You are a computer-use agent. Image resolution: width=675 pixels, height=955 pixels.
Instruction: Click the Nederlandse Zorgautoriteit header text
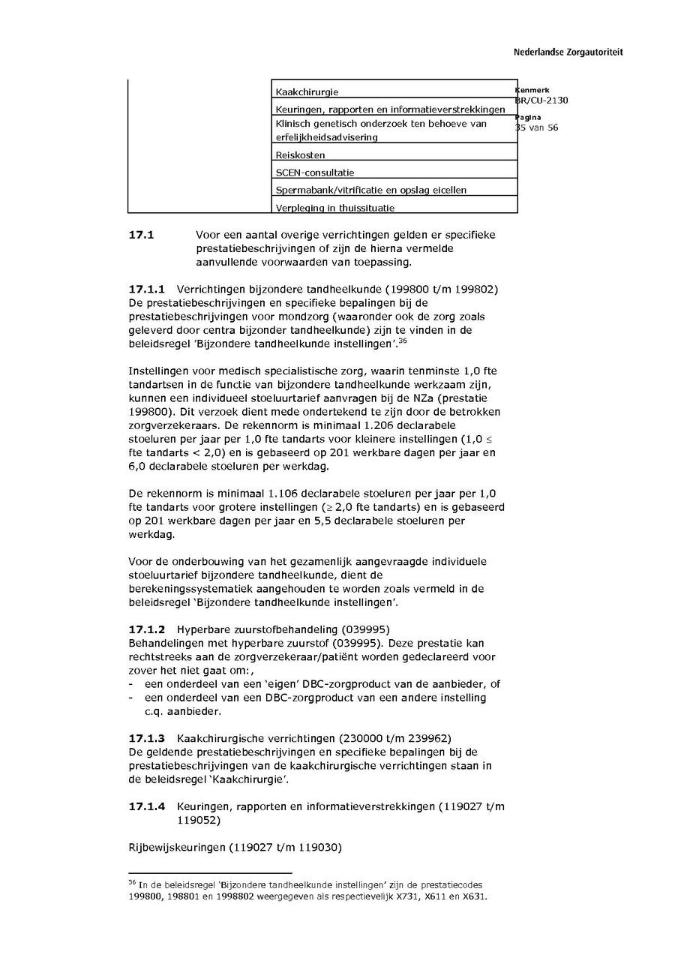(x=568, y=53)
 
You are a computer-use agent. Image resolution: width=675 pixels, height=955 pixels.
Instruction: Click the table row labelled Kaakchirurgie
(x=307, y=92)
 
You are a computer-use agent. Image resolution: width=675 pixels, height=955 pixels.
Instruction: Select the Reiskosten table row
(x=300, y=155)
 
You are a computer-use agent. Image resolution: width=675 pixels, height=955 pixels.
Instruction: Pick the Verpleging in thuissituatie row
(x=334, y=208)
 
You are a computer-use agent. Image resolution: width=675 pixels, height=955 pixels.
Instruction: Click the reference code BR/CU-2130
(x=541, y=101)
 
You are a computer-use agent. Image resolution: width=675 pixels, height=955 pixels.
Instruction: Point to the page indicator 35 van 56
(x=536, y=128)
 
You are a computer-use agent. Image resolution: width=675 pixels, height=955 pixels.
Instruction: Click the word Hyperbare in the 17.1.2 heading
(x=200, y=629)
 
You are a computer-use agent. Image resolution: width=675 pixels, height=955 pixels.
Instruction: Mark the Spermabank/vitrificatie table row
(x=370, y=190)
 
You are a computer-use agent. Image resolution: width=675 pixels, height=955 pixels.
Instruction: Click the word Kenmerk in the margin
(x=532, y=90)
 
